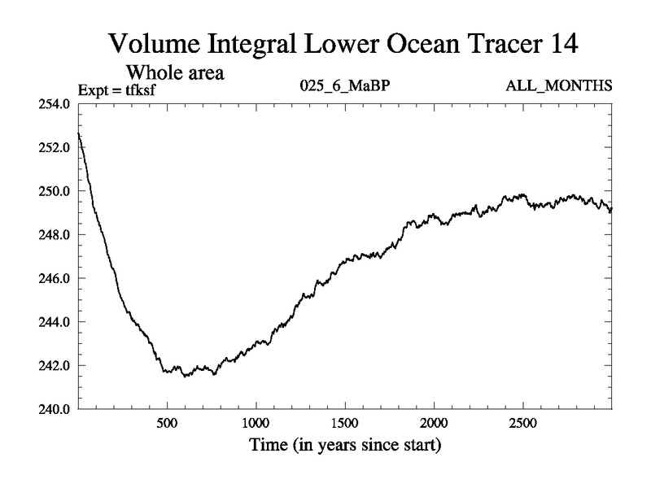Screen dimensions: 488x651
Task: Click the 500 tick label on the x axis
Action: click(167, 425)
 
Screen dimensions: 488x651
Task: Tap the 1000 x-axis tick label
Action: click(256, 425)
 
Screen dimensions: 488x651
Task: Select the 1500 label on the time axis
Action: click(345, 425)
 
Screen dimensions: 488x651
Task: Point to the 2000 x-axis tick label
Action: click(434, 425)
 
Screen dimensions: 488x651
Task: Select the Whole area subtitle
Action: click(173, 72)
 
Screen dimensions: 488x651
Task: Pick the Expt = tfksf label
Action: click(116, 89)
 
